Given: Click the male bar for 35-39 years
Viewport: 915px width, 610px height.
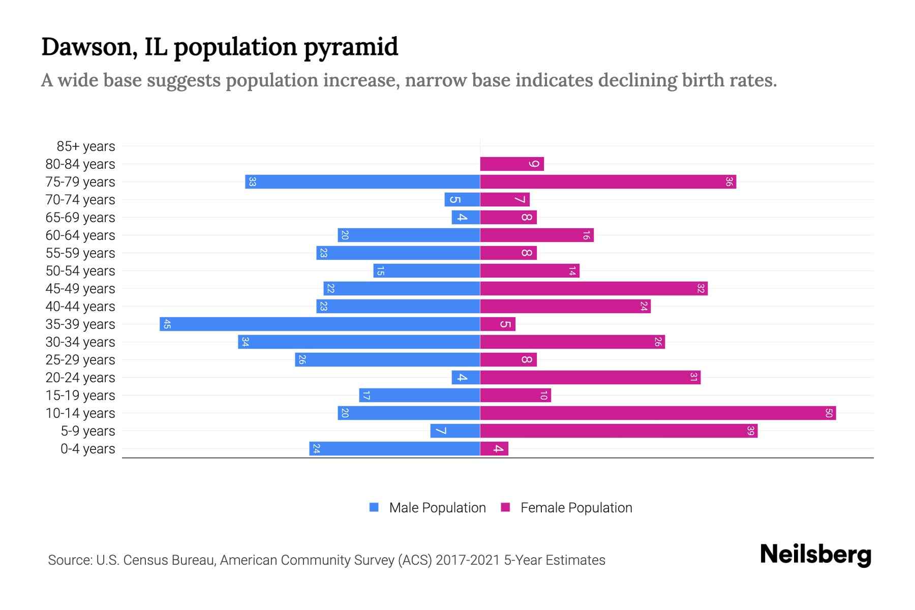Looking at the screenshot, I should click(x=319, y=324).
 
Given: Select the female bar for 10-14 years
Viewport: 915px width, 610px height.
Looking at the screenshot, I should click(x=658, y=413).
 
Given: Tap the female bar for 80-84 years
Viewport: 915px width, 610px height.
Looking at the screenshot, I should click(x=512, y=164).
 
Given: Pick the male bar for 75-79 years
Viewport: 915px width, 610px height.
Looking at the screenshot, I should click(x=362, y=181).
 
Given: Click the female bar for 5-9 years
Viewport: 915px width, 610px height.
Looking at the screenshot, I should click(x=619, y=431).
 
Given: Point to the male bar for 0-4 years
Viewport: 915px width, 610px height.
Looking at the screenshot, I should click(x=394, y=448).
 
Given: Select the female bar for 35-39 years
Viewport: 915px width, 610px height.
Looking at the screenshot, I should click(x=498, y=324).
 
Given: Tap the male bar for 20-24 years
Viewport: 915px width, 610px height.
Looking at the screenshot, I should click(x=466, y=377).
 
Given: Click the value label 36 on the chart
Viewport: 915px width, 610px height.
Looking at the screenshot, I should click(x=729, y=181).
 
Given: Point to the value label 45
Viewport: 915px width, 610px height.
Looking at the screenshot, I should click(x=167, y=324).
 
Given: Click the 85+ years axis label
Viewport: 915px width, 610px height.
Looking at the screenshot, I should click(x=86, y=146).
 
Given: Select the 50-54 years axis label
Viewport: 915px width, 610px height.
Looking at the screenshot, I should click(x=80, y=271).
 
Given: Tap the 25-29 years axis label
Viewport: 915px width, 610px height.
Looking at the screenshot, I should click(x=80, y=360).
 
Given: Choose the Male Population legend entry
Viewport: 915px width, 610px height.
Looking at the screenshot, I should click(x=437, y=507).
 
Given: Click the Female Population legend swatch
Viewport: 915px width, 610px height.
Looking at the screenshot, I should click(x=505, y=507).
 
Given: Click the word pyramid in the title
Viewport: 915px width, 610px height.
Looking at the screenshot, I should click(x=351, y=47).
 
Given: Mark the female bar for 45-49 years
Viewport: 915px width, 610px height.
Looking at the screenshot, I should click(x=594, y=288).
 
